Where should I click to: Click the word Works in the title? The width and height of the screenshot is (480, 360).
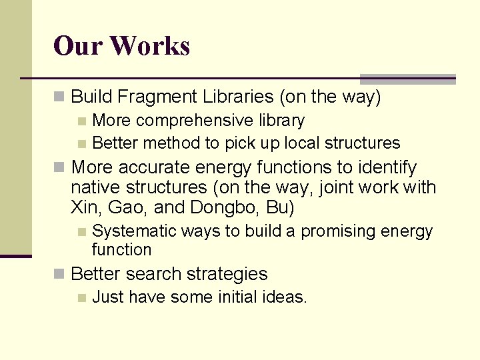(150, 46)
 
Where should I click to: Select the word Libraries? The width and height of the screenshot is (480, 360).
(237, 97)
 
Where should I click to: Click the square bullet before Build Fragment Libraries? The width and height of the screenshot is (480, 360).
(60, 98)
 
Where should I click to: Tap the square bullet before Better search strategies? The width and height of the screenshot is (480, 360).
(60, 275)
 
